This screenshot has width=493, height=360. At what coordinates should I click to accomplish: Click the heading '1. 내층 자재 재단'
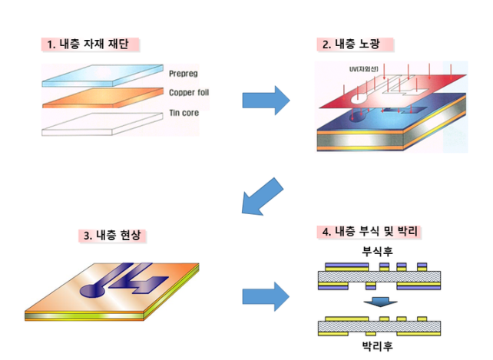pyautogui.click(x=93, y=44)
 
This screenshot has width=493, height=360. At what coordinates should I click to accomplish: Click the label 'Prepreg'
pyautogui.click(x=184, y=74)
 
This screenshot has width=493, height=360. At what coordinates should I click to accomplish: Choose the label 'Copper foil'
pyautogui.click(x=189, y=93)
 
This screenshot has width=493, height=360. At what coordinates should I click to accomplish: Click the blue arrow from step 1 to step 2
pyautogui.click(x=266, y=100)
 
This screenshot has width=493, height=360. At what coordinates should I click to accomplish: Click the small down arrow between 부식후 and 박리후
pyautogui.click(x=378, y=302)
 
